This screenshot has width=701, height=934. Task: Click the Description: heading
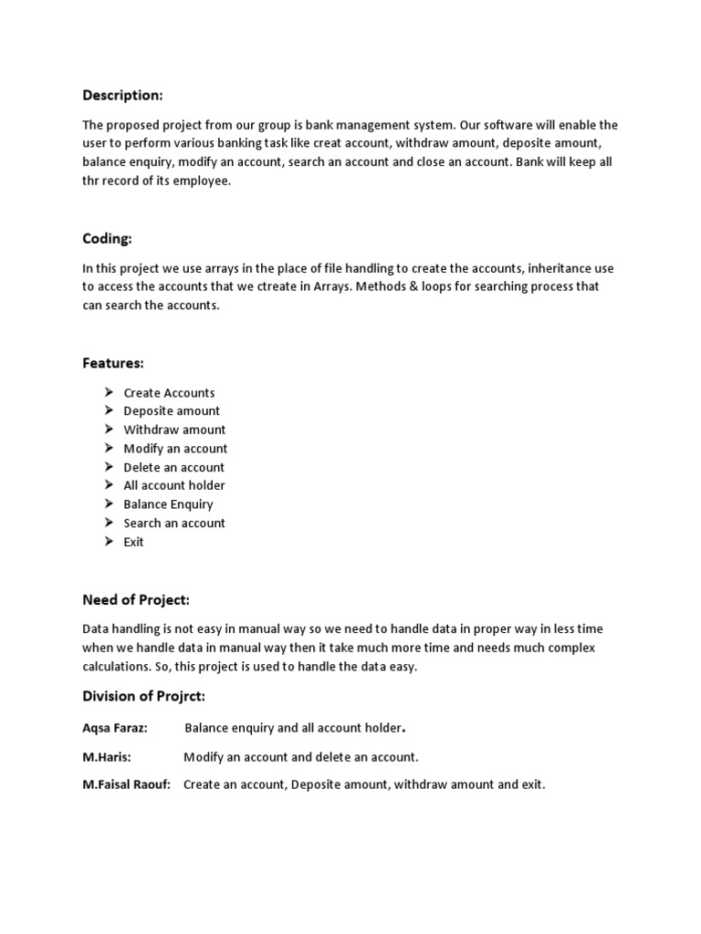(122, 96)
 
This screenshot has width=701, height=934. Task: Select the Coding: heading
(107, 239)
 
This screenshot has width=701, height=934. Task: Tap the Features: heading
(113, 363)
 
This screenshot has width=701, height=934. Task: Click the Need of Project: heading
(136, 599)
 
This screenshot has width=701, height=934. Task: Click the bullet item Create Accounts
(169, 393)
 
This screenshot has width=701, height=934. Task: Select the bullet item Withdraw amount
(174, 430)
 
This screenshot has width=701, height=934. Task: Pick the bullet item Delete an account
(173, 467)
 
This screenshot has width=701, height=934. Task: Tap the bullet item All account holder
(173, 485)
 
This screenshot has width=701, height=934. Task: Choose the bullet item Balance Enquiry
(168, 504)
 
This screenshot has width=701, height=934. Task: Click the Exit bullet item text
(133, 542)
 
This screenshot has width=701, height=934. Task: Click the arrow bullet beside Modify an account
(107, 448)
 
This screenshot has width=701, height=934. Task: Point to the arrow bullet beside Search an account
(107, 523)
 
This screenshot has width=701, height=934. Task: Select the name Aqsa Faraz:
(115, 728)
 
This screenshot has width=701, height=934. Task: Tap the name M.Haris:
(107, 757)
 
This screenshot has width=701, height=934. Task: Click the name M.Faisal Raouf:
(127, 784)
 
